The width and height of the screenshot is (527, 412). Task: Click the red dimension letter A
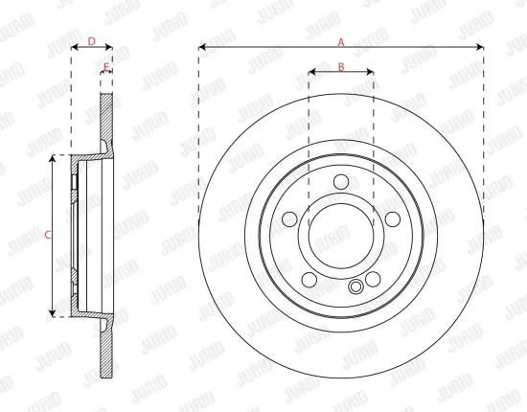pyautogui.click(x=341, y=42)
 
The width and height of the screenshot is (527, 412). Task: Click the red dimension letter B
pyautogui.click(x=341, y=67)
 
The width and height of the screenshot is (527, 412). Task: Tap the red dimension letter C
pyautogui.click(x=48, y=235)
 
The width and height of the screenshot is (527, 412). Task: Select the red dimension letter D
pyautogui.click(x=92, y=41)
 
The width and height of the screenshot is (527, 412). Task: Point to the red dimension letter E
pyautogui.click(x=106, y=67)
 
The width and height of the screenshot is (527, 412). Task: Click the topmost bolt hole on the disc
pyautogui.click(x=341, y=182)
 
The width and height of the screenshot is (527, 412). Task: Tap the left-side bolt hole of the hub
pyautogui.click(x=289, y=219)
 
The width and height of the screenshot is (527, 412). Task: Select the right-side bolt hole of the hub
pyautogui.click(x=393, y=219)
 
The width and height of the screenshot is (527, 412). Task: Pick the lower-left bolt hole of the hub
pyautogui.click(x=309, y=280)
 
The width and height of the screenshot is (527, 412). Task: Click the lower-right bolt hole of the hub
pyautogui.click(x=373, y=280)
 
